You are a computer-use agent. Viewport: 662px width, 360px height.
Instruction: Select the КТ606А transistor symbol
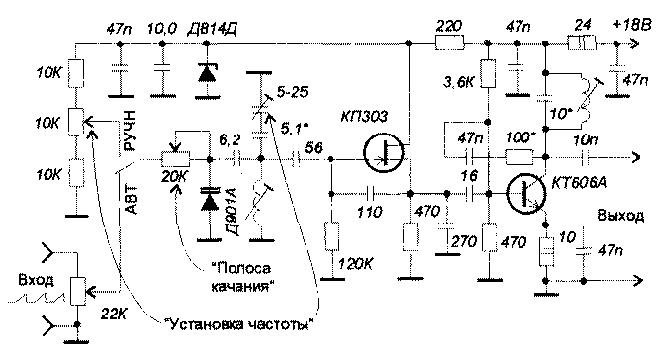click(x=524, y=192)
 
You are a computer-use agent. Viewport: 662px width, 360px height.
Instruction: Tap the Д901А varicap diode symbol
click(x=209, y=199)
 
